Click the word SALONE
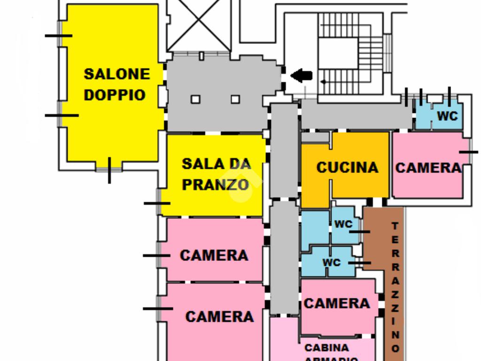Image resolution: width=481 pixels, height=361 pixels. [x=116, y=74]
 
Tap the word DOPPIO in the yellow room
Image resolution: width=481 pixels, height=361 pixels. [x=115, y=94]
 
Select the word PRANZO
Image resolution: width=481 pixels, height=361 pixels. [x=215, y=185]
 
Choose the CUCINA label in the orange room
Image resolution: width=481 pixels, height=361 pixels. [x=347, y=167]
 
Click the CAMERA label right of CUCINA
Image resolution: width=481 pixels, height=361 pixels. [x=428, y=168]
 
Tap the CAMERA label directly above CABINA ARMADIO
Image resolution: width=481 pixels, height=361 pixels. [x=337, y=304]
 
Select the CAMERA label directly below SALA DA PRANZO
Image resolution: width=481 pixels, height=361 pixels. [x=214, y=255]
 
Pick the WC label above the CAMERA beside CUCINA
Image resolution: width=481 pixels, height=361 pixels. [x=447, y=116]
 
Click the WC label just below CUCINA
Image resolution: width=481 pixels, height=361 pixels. [x=343, y=224]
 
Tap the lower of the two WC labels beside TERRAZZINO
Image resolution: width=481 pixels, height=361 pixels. [x=332, y=262]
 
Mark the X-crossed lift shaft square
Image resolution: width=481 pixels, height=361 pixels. [x=199, y=26]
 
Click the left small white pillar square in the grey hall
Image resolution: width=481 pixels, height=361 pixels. [x=195, y=99]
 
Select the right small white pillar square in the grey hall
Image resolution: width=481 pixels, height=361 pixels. [x=235, y=99]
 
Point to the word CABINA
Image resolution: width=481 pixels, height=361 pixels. [x=327, y=348]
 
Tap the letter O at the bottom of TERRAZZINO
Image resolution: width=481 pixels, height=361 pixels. [x=395, y=348]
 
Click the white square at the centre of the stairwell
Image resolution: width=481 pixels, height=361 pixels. [x=338, y=53]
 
